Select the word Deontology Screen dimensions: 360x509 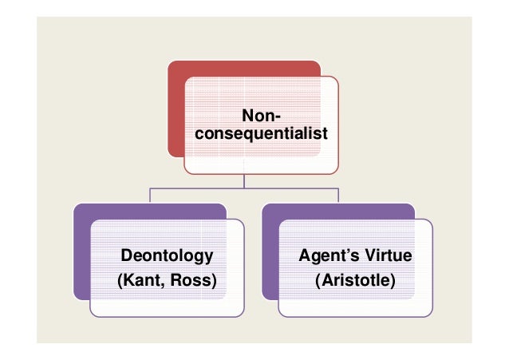167,256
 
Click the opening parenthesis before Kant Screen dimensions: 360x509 120,282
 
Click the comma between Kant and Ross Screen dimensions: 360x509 170,285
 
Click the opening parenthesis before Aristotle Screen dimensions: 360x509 318,282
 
